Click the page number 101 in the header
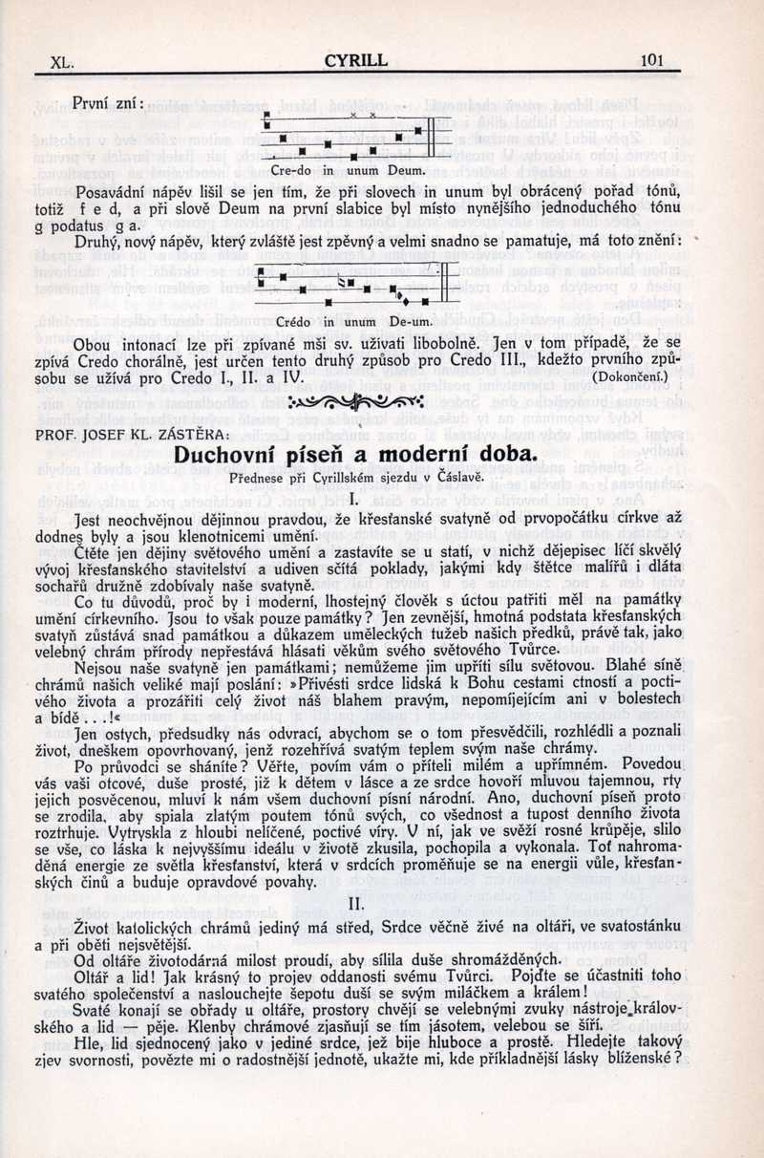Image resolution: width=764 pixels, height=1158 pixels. [651, 60]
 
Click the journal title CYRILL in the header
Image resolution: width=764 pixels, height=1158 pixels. [356, 60]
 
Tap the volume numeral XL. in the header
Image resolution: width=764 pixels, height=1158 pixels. [62, 63]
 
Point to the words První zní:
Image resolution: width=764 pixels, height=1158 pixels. [108, 103]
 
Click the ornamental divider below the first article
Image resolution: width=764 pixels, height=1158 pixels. [354, 400]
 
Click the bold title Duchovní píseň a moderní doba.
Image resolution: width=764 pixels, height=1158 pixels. [353, 455]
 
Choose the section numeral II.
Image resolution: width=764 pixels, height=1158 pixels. [353, 902]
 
